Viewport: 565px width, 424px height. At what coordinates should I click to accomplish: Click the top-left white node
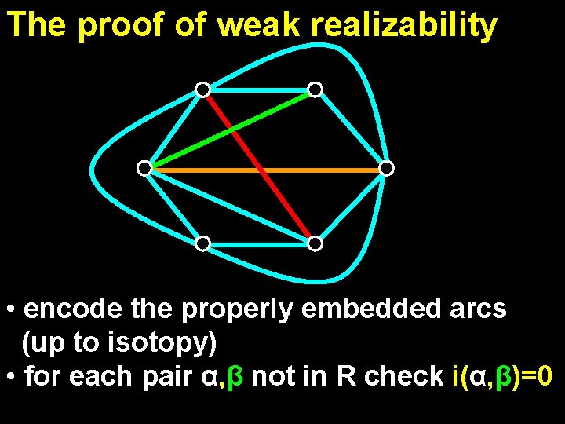point(202,90)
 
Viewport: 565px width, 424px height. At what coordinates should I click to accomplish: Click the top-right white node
point(315,90)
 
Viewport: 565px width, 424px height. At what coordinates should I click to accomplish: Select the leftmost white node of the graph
point(144,168)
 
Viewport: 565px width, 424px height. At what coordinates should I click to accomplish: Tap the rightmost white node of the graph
point(386,168)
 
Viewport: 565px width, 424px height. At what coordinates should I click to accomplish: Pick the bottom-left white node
point(202,243)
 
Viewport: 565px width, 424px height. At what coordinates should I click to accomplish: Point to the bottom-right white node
point(315,243)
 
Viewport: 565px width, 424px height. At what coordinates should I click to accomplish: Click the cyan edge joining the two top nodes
point(259,89)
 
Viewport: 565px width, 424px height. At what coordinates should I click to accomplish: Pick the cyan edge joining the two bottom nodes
point(259,244)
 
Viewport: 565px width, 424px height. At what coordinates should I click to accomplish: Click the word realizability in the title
point(403,26)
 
